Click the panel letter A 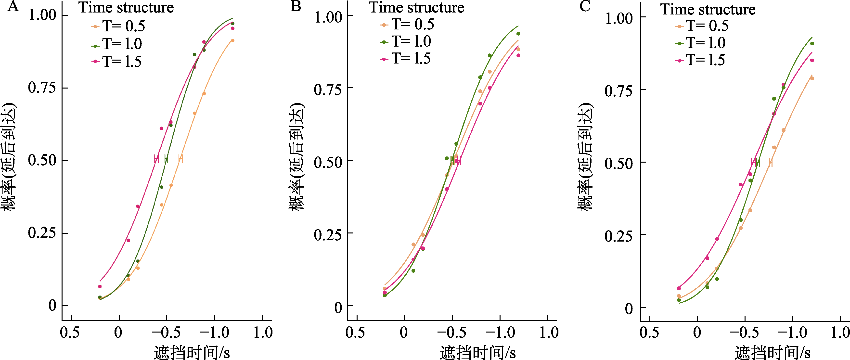tap(13, 6)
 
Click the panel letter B tap(296, 6)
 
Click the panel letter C tap(585, 6)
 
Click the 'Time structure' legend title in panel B tap(416, 8)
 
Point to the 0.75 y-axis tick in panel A tap(42, 88)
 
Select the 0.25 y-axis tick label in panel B tap(328, 235)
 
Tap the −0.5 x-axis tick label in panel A tap(166, 332)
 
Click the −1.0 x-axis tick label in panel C tap(792, 332)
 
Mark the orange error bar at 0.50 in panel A tap(180, 159)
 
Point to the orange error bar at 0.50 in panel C tap(771, 162)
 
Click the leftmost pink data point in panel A tap(100, 286)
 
